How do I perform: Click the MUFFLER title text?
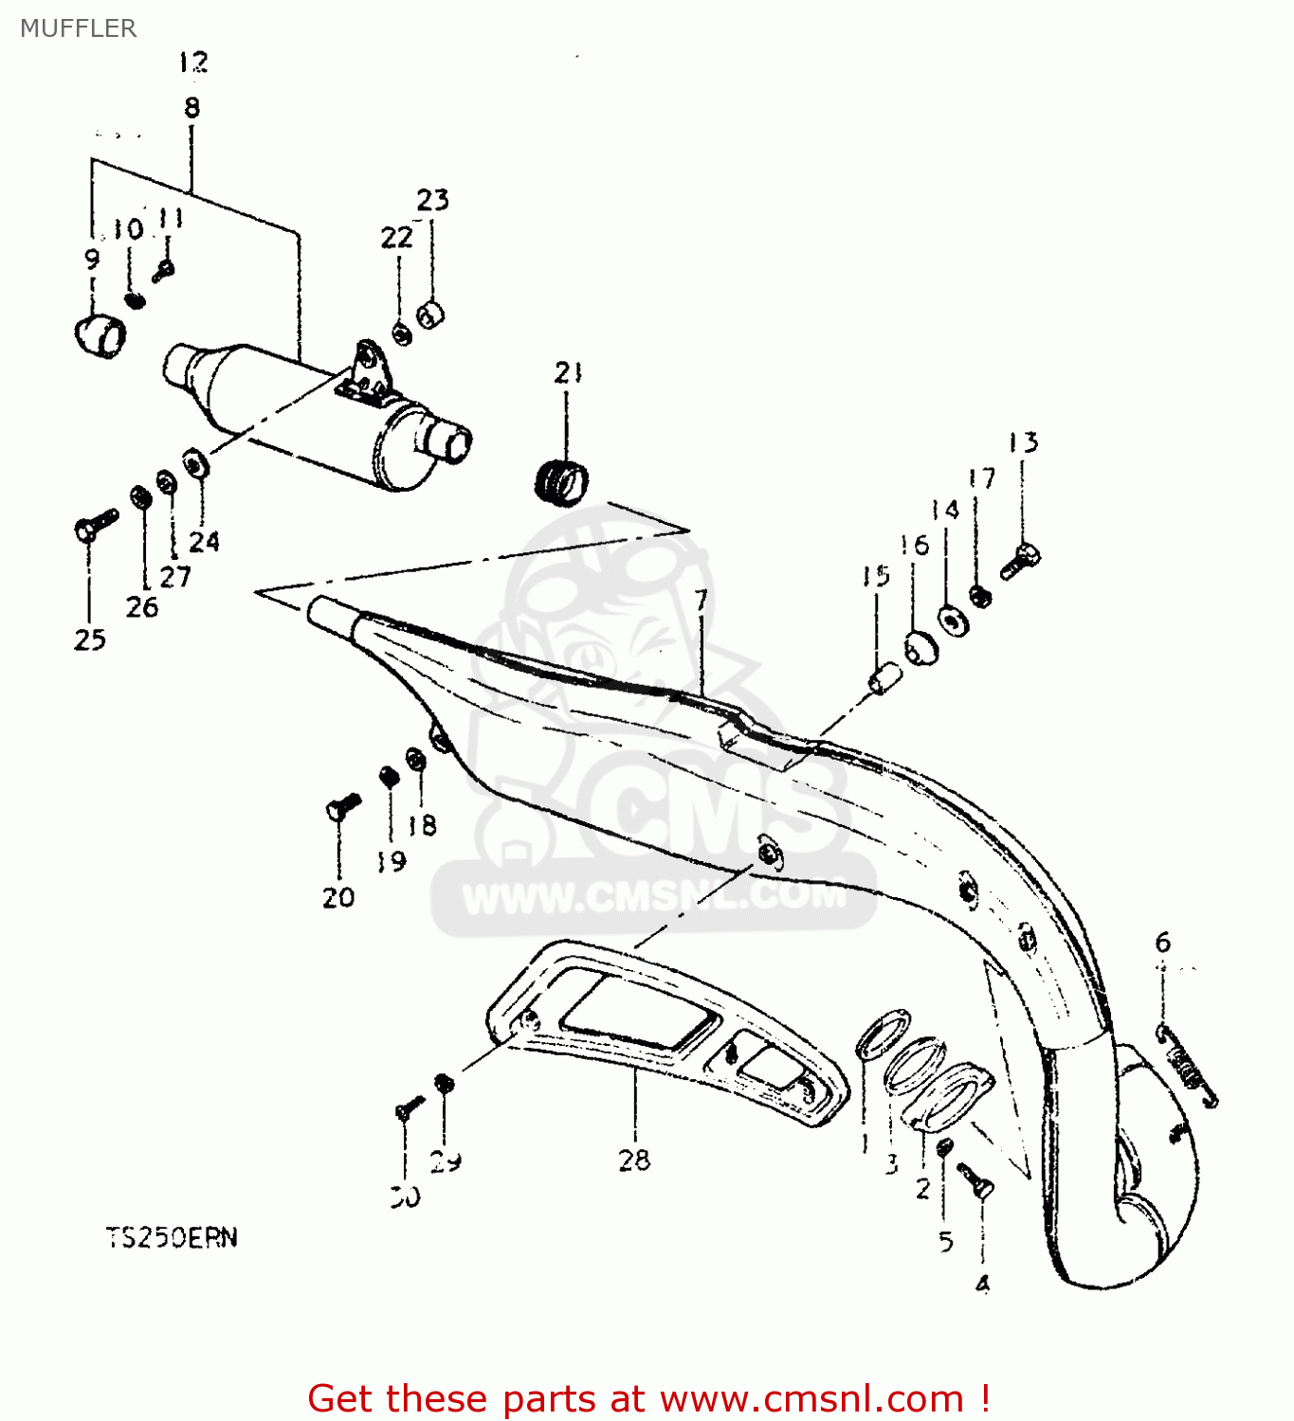[78, 28]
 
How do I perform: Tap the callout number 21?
[568, 373]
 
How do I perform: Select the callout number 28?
[634, 1160]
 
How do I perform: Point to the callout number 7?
[701, 601]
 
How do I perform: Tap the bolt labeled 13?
[1021, 561]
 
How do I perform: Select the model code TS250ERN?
[172, 1237]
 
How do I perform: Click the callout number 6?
[1162, 942]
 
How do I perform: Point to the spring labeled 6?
[1188, 1067]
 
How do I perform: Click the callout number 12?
[192, 63]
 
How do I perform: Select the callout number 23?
[432, 200]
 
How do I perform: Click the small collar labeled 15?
[884, 678]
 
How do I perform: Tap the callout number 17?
[982, 478]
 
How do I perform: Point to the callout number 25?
[90, 640]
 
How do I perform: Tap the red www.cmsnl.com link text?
[811, 1398]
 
